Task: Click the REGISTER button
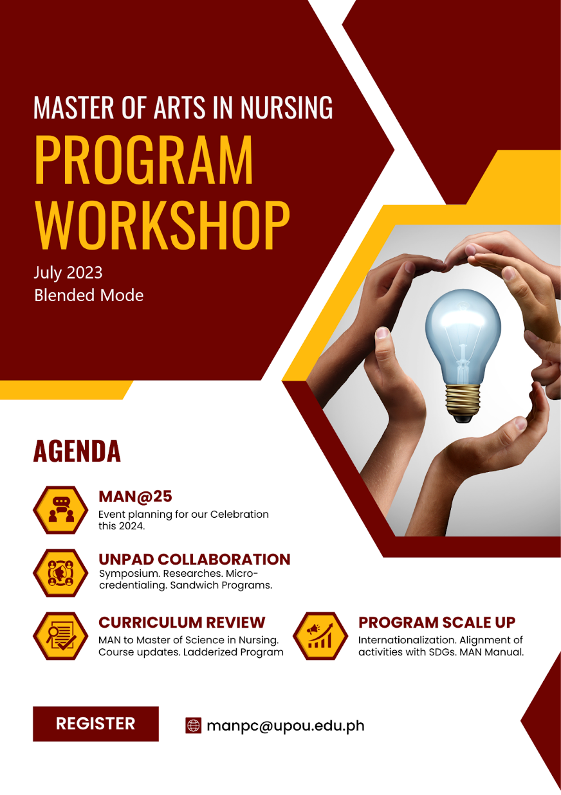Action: point(95,724)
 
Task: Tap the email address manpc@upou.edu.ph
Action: point(285,726)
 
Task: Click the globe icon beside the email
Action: point(193,726)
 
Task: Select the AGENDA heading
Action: point(77,452)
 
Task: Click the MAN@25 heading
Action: point(135,497)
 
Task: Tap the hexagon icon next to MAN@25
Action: point(60,509)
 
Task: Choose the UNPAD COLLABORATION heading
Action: point(194,559)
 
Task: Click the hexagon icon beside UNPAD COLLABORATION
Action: point(60,572)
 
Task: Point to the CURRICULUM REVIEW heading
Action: point(181,622)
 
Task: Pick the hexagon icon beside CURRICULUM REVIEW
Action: point(60,635)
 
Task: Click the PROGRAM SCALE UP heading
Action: point(437,622)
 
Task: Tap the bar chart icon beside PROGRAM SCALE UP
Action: point(320,635)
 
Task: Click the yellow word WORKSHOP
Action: point(162,225)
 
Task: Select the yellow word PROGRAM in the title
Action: point(144,160)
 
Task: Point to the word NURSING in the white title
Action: point(286,107)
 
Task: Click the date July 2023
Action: point(68,272)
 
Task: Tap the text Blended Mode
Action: point(89,295)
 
